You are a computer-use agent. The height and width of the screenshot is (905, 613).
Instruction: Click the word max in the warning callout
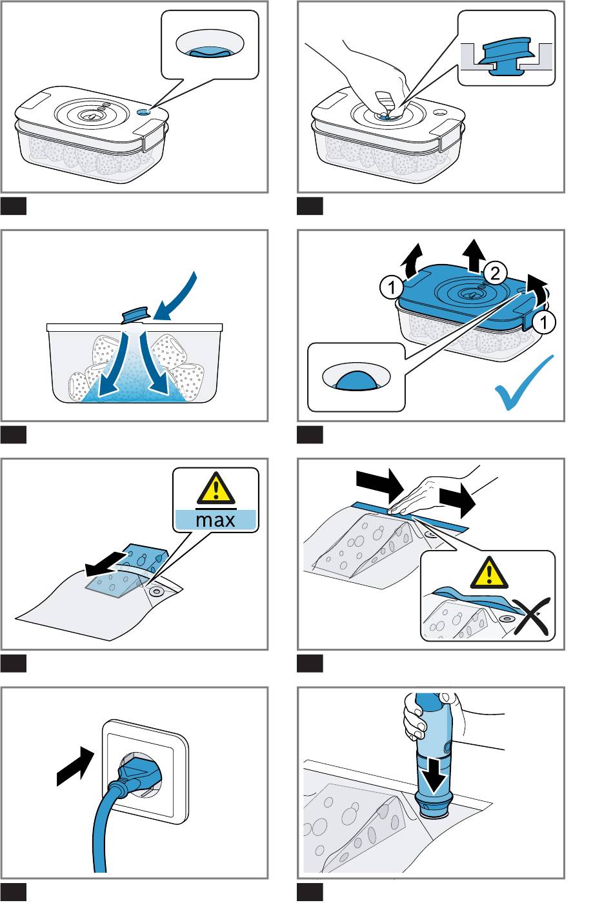(216, 520)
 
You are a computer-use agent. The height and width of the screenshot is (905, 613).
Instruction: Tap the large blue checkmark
(524, 383)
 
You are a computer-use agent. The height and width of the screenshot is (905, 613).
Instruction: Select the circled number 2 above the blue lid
(495, 274)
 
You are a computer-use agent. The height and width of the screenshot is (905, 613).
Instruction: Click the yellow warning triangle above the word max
(216, 487)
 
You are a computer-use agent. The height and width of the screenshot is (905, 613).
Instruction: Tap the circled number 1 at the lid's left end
(391, 288)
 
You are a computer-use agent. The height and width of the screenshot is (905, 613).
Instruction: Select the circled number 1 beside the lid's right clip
(543, 322)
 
